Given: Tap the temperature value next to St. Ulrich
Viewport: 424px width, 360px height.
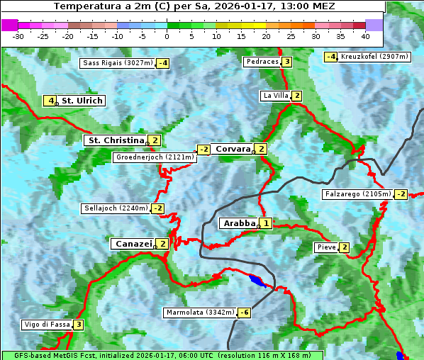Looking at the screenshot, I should point(50,101).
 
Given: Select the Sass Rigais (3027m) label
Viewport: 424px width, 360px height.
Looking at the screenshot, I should point(117,63).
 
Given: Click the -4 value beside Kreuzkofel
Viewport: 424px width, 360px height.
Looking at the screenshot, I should point(330,57).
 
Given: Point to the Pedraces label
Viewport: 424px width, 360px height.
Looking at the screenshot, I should point(262,62).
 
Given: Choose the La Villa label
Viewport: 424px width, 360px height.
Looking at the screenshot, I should point(275,96).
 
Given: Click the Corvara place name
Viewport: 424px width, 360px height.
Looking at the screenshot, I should point(233,149).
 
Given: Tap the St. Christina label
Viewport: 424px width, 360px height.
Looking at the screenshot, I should point(115,140).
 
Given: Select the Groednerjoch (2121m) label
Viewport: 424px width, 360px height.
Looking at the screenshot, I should point(154,157).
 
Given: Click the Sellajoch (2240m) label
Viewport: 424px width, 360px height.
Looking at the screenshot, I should point(116,208).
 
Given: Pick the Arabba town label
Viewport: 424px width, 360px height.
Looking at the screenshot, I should point(239,223).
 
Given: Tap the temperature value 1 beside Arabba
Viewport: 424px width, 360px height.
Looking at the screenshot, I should point(265,223).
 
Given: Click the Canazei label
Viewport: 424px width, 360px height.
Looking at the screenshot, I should point(133,244).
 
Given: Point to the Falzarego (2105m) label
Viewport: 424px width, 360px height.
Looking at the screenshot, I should point(357,194).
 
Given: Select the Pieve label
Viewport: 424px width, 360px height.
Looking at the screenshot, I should point(326,247).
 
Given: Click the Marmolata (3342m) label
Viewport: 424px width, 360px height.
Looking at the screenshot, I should point(200,313).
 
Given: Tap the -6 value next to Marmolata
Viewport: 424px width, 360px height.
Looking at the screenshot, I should point(244,313).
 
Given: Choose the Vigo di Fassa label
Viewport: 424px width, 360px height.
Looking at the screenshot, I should point(48,325).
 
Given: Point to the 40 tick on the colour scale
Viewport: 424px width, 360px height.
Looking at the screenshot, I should point(365,35).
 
